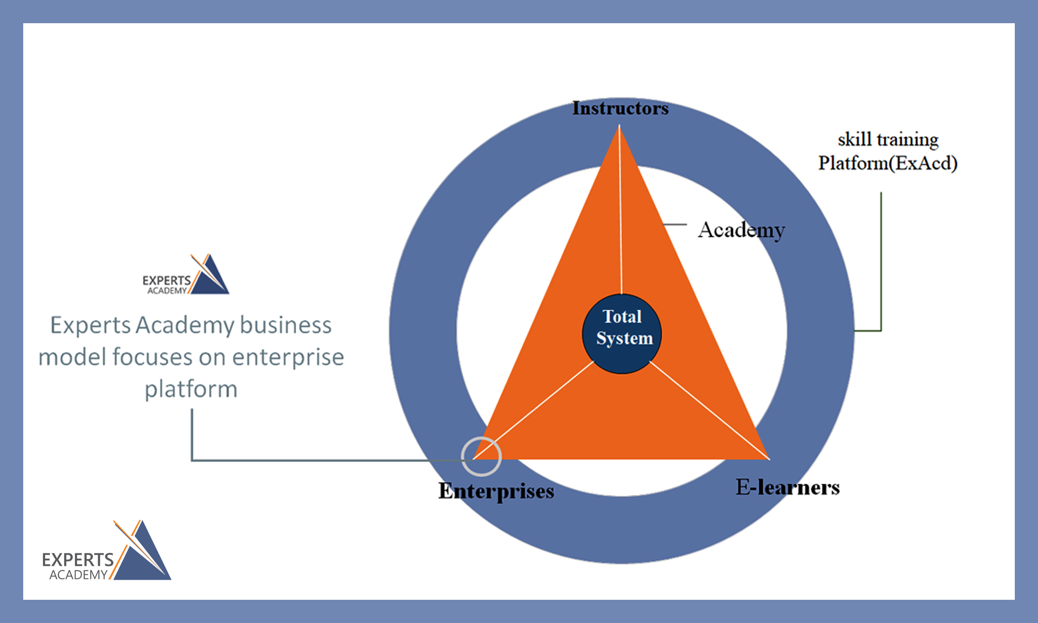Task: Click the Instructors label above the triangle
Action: (620, 108)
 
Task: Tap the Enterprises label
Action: (496, 491)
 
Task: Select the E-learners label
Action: (788, 487)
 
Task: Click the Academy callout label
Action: (741, 230)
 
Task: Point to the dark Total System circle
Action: (622, 334)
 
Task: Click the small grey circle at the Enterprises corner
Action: (481, 456)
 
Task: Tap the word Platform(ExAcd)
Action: (888, 163)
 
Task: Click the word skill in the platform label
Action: (855, 140)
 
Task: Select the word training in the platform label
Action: (908, 140)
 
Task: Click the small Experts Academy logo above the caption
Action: (186, 275)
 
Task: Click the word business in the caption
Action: (286, 325)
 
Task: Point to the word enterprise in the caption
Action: (288, 357)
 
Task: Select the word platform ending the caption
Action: (191, 389)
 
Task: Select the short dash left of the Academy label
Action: (675, 224)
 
